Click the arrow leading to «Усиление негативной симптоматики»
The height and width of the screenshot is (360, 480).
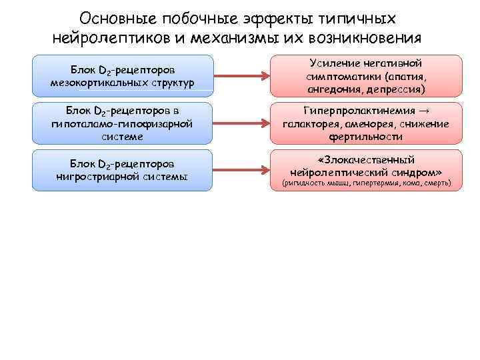(241, 75)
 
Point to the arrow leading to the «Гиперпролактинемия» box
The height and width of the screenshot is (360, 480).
(241, 123)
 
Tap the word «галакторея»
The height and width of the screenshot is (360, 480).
(311, 124)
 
